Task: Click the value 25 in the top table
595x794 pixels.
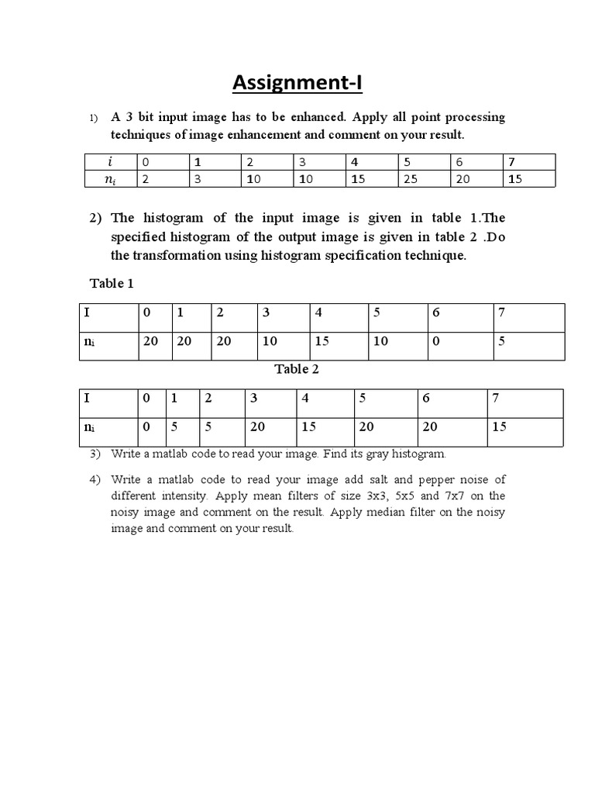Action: pos(408,179)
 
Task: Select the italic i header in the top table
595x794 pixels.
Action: pos(109,162)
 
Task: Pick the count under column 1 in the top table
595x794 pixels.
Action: pos(198,179)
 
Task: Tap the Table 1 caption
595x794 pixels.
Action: pos(112,283)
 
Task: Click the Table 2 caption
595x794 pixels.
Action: pos(297,369)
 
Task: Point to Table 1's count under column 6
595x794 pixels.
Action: pos(435,341)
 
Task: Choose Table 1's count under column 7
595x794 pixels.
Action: pos(501,341)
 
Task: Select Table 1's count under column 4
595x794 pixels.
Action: pos(322,341)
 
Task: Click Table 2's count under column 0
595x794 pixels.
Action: pos(146,427)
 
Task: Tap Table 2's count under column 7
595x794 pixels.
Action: pos(499,427)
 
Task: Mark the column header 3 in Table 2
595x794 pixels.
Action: pos(253,399)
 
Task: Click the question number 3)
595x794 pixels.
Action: pos(95,454)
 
